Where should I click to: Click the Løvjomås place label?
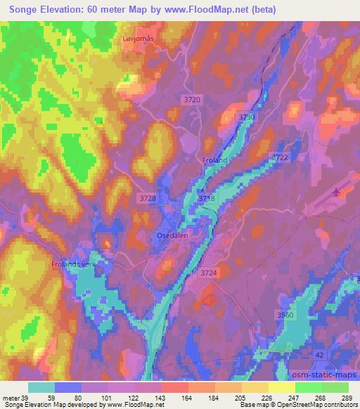tap(139, 41)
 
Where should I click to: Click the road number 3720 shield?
tap(191, 100)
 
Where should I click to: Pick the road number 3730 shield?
tap(246, 117)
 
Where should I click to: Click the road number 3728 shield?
tap(147, 200)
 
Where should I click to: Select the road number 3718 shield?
tap(207, 200)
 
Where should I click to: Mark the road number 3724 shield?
tap(210, 272)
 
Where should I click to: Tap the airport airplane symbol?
tap(337, 191)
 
